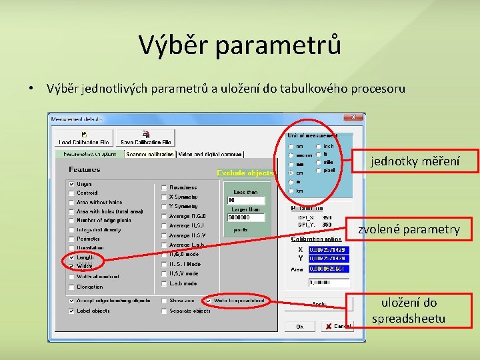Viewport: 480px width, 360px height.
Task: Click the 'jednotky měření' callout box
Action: [415, 161]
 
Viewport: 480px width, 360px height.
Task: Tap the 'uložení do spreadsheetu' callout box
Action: [409, 311]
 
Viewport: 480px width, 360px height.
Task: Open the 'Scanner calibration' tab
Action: [148, 153]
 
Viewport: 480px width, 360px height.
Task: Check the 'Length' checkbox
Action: [71, 257]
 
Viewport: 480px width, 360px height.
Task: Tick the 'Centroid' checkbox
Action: [71, 193]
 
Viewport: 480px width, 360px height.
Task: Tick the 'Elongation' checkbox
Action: [71, 287]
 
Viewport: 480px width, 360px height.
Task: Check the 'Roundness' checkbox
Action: [164, 188]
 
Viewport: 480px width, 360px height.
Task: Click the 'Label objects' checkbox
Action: [71, 311]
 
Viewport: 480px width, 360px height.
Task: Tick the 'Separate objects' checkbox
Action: [164, 311]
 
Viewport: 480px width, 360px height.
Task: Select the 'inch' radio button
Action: [318, 147]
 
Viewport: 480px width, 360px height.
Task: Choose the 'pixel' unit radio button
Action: [318, 171]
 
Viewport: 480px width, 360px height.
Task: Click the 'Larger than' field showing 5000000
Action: [246, 217]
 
